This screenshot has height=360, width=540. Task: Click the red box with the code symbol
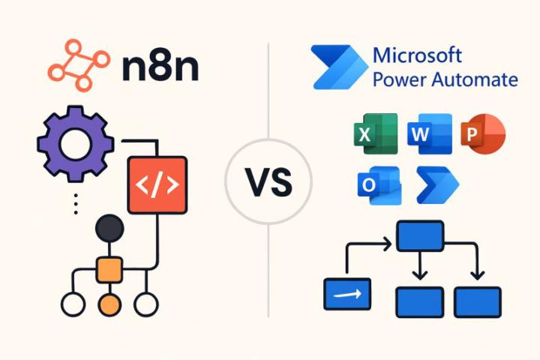(157, 184)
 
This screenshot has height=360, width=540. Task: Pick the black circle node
(109, 228)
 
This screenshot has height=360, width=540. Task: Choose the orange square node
(109, 268)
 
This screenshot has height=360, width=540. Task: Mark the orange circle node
(109, 304)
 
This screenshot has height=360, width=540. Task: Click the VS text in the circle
(268, 183)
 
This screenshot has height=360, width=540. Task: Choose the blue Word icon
(429, 134)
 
